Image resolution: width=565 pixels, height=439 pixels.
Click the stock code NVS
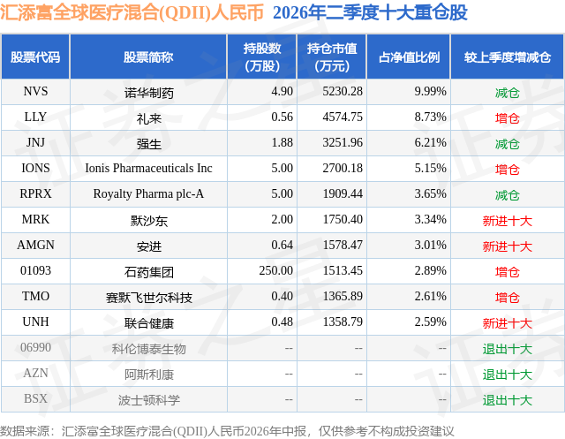point(35,92)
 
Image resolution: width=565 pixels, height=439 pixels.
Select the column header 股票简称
point(148,57)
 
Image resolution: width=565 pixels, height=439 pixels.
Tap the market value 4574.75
point(343,117)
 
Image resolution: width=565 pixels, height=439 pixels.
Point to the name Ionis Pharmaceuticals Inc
point(148,169)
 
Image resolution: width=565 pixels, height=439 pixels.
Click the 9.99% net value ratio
point(430,92)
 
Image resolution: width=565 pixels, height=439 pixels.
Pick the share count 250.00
point(276,270)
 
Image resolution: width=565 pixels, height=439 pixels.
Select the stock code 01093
point(35,270)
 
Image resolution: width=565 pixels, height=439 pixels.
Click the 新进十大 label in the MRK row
point(507,221)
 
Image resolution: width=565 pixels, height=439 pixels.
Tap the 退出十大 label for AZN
point(507,375)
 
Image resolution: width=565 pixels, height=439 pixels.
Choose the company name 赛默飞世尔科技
point(148,298)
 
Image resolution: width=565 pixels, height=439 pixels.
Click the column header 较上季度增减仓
point(507,57)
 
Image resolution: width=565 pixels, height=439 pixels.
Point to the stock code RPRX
point(35,194)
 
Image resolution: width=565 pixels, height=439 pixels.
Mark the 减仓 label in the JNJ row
point(507,144)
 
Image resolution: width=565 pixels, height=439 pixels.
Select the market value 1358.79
point(343,322)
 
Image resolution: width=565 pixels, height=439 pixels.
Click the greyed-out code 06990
point(35,347)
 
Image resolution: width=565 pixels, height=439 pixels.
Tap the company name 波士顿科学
point(148,400)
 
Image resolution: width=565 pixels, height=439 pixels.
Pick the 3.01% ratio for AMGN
point(430,245)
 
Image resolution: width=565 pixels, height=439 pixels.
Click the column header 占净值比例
point(409,57)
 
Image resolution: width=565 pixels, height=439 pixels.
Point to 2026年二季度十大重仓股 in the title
point(370,12)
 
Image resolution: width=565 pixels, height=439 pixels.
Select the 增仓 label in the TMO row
point(507,298)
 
